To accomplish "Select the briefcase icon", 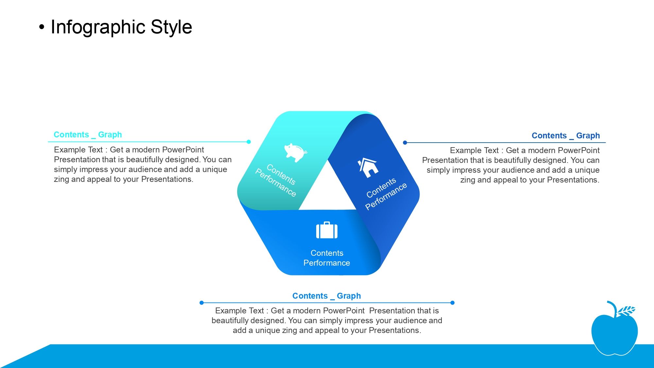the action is (327, 230).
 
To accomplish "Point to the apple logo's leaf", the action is (626, 311).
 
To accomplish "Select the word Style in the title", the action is (171, 27).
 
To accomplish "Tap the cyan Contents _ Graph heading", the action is (88, 135).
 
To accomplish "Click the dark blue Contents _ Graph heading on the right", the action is (566, 136).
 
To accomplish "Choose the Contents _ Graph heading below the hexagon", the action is (327, 296).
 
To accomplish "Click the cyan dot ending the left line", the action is (249, 142).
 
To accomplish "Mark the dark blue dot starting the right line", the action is (405, 143).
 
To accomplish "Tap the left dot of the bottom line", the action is (201, 303).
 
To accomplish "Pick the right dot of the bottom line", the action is (453, 303).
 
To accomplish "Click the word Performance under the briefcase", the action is (327, 263).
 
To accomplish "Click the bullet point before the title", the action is (41, 27).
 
